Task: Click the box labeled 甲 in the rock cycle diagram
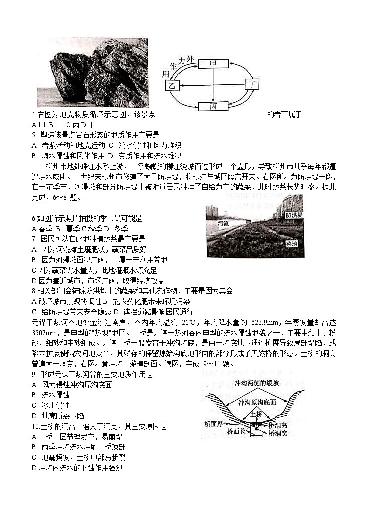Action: [x=213, y=63]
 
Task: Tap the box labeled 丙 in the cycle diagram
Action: [x=213, y=106]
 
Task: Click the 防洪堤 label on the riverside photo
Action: [x=293, y=215]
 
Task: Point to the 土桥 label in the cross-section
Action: [x=256, y=414]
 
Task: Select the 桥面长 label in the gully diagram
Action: [x=236, y=431]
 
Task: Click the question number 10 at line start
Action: [x=35, y=426]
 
